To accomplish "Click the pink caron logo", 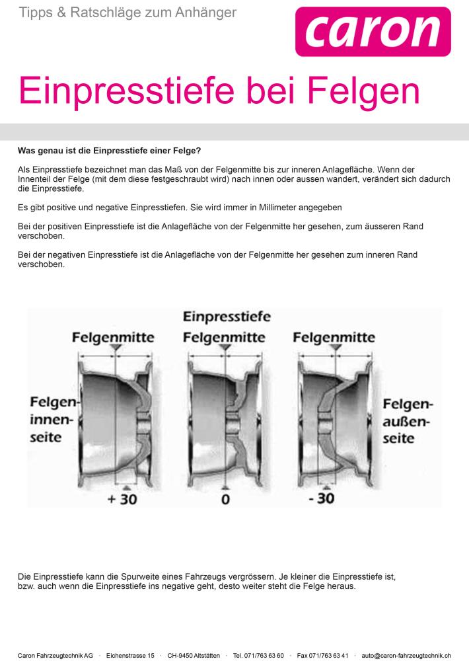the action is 373,32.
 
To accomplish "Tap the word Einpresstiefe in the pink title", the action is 126,91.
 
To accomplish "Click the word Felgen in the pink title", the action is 364,91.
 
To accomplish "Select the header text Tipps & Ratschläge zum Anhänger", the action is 127,13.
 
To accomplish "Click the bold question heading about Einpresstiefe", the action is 110,151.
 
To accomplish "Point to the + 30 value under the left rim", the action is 122,499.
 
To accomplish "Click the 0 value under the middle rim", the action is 225,500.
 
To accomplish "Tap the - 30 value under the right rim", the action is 322,498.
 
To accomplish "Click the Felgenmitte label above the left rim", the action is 113,338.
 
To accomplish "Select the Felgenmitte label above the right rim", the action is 334,338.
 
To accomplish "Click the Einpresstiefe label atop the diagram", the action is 227,317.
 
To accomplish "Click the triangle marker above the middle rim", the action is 225,348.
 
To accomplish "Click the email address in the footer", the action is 406,656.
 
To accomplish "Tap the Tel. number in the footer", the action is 258,656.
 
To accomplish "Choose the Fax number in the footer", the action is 323,656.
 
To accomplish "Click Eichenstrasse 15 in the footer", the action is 130,656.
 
